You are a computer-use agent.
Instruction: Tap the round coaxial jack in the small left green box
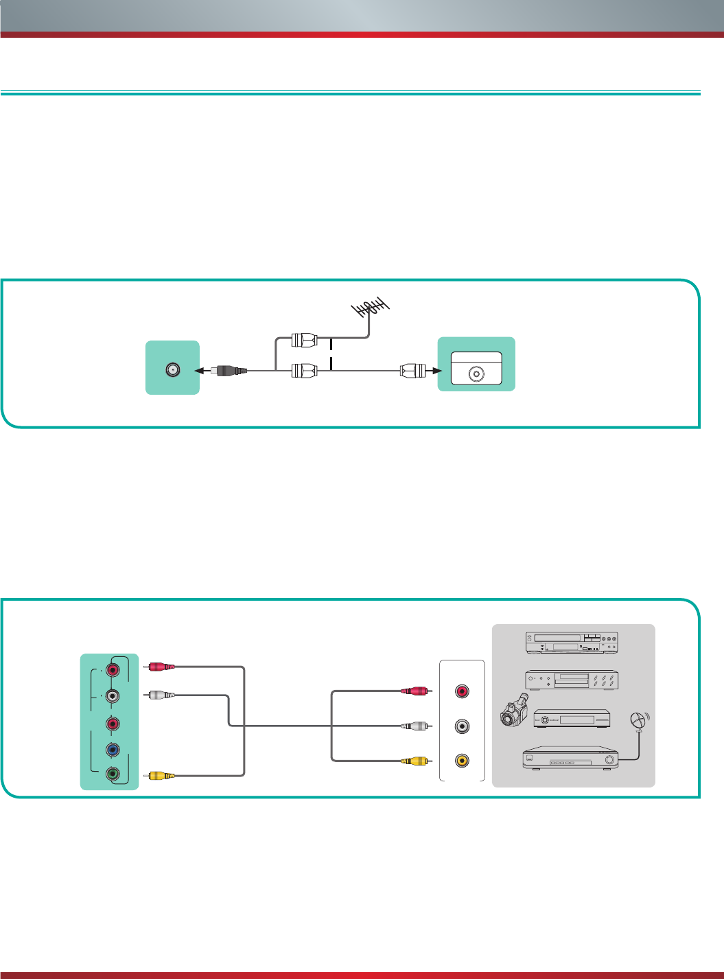tap(172, 370)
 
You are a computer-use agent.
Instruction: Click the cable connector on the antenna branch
tap(304, 339)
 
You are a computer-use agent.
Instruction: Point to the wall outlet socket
tap(476, 374)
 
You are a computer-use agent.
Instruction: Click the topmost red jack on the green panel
tap(113, 669)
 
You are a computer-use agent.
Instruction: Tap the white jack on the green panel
tap(113, 696)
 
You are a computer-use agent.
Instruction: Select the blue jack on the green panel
tap(113, 750)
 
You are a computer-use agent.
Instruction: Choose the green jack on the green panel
tap(113, 774)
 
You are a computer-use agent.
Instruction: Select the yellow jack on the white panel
tap(462, 761)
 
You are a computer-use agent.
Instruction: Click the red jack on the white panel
tap(462, 691)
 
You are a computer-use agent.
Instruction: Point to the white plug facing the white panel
tap(416, 726)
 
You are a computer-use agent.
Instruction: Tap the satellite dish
tap(639, 721)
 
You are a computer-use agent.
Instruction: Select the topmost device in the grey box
tap(572, 643)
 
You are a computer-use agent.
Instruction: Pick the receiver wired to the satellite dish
tap(570, 758)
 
